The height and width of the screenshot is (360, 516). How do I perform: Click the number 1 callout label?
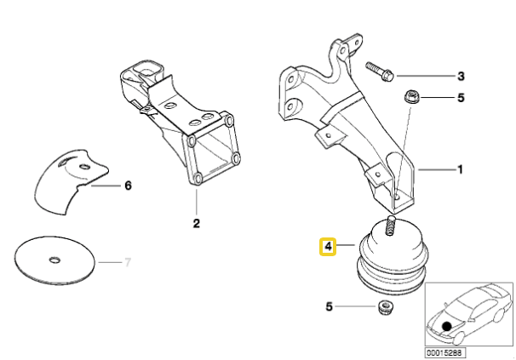tap(460, 169)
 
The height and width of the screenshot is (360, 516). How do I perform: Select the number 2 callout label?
tap(196, 224)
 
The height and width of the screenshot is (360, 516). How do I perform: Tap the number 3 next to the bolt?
tap(461, 76)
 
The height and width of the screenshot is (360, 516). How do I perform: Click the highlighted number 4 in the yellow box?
tap(328, 247)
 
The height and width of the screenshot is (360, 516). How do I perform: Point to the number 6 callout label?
tap(129, 185)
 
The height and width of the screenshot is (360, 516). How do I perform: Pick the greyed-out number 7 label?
tap(129, 260)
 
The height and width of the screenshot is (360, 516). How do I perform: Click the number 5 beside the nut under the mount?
tap(330, 306)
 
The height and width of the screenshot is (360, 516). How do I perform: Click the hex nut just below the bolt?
tap(410, 98)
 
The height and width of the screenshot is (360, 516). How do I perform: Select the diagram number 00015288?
tap(444, 352)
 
